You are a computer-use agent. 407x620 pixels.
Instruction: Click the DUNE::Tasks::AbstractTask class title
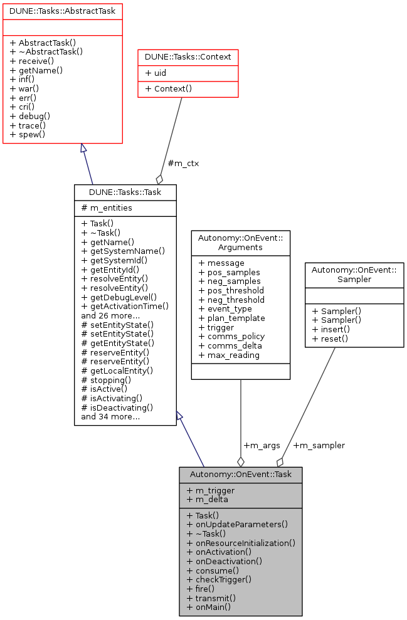coord(61,10)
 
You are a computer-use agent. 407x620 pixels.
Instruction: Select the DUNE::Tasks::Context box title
coord(188,57)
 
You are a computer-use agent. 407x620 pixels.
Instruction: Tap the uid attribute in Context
coord(156,73)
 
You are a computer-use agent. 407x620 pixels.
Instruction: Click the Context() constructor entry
coord(169,88)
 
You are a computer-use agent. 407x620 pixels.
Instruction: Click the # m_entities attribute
coord(107,208)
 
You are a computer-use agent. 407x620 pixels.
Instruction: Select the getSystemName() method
coord(123,251)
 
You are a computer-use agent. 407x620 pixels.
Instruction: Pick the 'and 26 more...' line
coord(110,316)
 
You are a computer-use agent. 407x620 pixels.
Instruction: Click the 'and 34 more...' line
coord(110,416)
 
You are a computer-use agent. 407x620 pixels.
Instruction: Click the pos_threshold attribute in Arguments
coord(231,290)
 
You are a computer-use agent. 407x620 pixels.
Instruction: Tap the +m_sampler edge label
coord(319,445)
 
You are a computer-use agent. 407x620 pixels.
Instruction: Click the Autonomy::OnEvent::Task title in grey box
coord(240,475)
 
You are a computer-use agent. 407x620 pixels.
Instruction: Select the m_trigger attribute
coord(211,490)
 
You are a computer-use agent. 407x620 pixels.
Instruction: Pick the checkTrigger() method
coord(219,579)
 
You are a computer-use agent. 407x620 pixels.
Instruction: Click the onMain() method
coord(209,607)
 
